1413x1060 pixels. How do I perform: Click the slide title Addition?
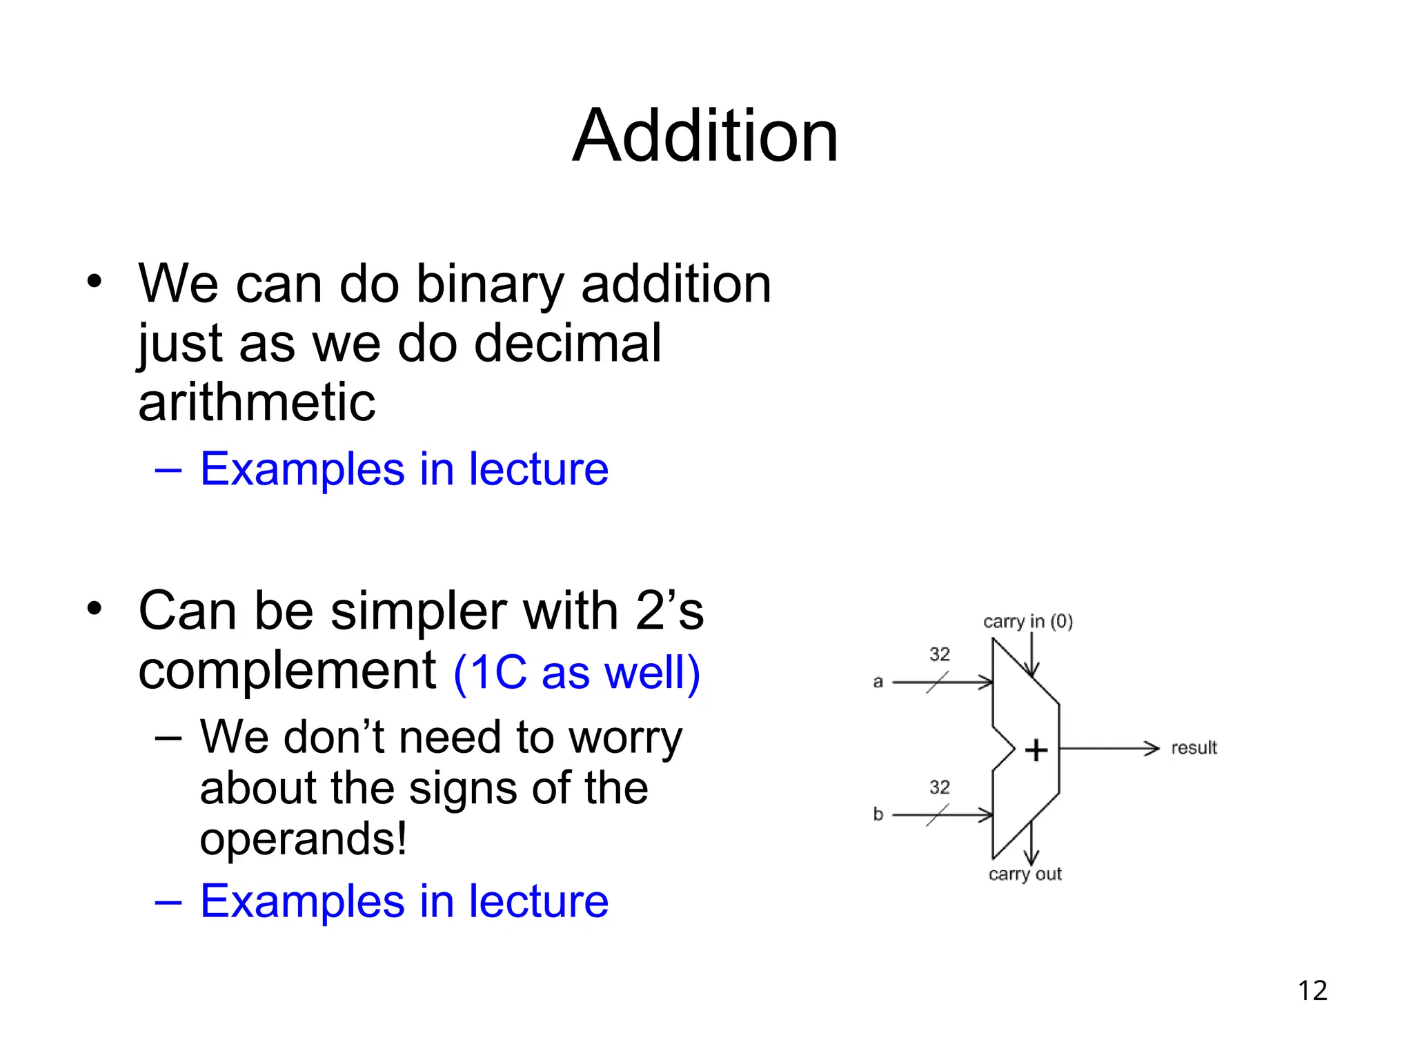tap(705, 136)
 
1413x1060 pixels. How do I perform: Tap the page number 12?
tap(1312, 990)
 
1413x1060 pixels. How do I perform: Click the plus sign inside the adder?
tap(1036, 750)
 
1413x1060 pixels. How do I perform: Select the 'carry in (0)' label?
tap(1028, 622)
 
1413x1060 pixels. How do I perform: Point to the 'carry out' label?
tap(1025, 874)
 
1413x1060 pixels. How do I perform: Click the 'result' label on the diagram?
tap(1194, 748)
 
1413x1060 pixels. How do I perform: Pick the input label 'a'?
tap(878, 682)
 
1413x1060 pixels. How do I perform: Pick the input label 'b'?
tap(878, 814)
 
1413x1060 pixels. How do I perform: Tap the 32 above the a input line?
tap(939, 654)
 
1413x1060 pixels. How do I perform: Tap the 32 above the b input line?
tap(939, 787)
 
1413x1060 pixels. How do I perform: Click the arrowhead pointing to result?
tap(1152, 748)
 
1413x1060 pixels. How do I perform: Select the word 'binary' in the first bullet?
tap(491, 284)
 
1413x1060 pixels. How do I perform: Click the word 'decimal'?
tap(567, 343)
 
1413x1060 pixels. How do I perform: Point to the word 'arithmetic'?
tap(257, 402)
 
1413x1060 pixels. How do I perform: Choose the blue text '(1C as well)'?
tap(577, 672)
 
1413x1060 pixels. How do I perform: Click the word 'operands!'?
tap(303, 839)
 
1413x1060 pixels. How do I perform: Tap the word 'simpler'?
tap(419, 611)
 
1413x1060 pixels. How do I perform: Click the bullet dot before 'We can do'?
tap(95, 282)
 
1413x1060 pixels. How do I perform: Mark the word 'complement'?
tap(287, 671)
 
